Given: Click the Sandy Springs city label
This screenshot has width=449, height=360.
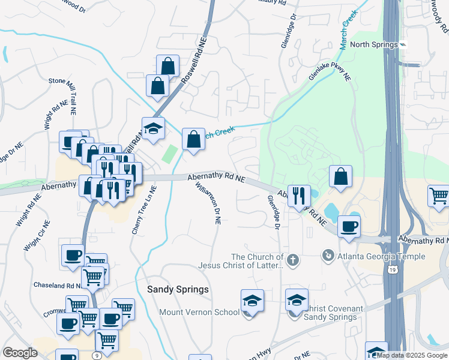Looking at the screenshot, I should pyautogui.click(x=178, y=289).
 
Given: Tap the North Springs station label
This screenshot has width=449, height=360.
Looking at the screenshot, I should pyautogui.click(x=374, y=44).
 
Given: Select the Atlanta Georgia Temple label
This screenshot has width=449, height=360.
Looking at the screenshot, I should pyautogui.click(x=382, y=256).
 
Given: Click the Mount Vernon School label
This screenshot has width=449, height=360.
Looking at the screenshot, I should pyautogui.click(x=199, y=312).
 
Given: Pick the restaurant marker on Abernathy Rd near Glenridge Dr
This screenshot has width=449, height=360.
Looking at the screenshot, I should pyautogui.click(x=298, y=195).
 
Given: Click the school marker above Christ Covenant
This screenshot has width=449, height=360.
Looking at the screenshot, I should pyautogui.click(x=297, y=299).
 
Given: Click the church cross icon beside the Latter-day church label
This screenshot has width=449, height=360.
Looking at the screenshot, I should pyautogui.click(x=292, y=260).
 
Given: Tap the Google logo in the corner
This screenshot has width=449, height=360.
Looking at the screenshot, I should pyautogui.click(x=20, y=353).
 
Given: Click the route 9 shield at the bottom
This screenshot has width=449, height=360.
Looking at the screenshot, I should pyautogui.click(x=97, y=355).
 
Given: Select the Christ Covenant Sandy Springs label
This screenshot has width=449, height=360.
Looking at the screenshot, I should pyautogui.click(x=333, y=313).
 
